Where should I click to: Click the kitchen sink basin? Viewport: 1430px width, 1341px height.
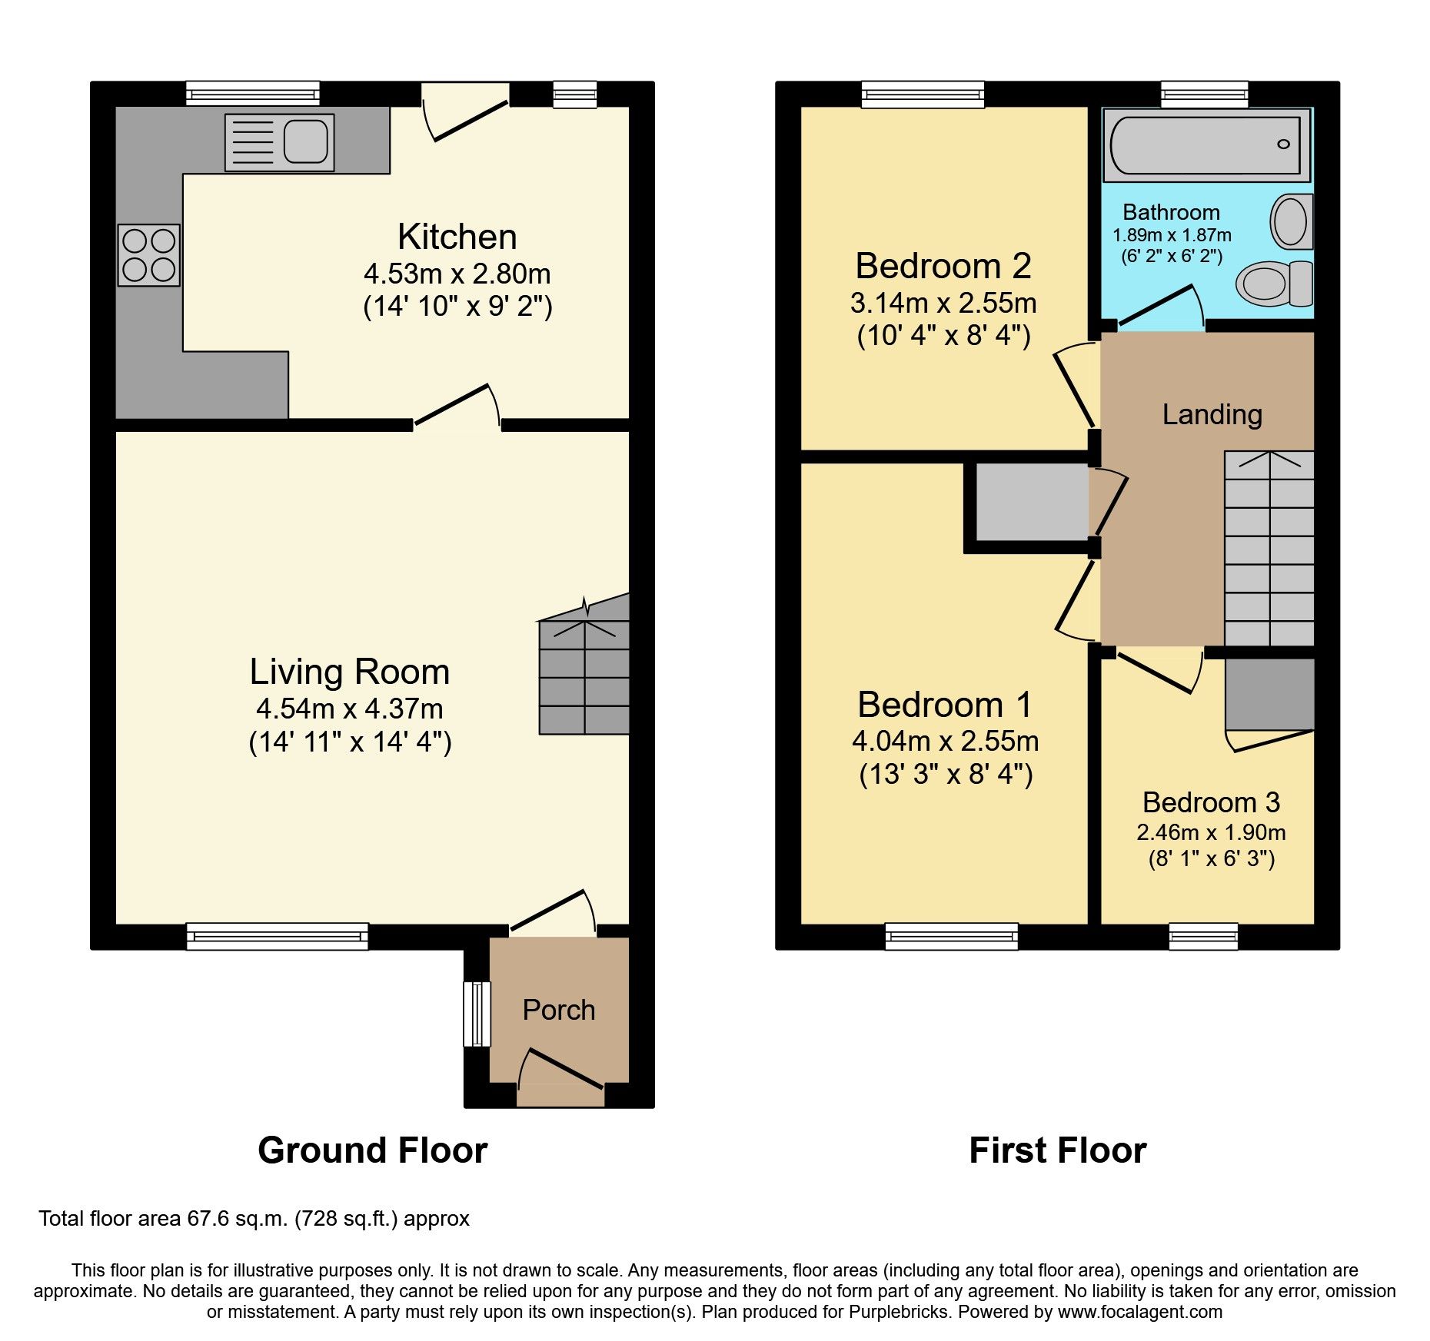point(306,142)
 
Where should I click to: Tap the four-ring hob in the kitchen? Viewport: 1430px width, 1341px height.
point(148,255)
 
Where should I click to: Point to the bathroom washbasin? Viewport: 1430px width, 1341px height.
point(1292,221)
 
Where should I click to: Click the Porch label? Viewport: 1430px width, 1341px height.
point(559,1010)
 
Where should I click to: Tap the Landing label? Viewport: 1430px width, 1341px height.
point(1212,414)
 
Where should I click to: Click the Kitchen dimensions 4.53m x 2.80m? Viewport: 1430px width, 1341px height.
point(457,274)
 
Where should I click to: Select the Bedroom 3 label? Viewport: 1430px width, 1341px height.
point(1211,802)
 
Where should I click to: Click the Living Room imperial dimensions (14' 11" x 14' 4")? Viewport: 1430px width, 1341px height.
point(350,742)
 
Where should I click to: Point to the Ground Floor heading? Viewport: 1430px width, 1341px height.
point(372,1150)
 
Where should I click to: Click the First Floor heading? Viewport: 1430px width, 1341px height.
point(1057,1150)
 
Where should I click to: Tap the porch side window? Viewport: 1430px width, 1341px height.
point(477,1014)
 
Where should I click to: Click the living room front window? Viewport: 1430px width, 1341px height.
point(277,936)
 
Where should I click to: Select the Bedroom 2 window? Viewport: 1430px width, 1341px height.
point(923,94)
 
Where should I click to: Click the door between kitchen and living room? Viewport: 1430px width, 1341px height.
point(457,406)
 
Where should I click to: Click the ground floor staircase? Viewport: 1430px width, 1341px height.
point(584,676)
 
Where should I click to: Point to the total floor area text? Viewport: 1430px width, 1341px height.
point(254,1219)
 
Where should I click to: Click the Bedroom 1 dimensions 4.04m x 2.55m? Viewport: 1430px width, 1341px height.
point(945,741)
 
